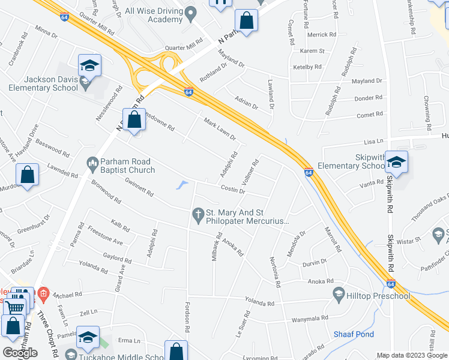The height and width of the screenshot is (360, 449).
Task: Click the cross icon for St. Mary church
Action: click(198, 213)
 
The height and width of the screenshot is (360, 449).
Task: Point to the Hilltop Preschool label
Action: click(380, 295)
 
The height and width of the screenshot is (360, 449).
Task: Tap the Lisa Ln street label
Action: click(373, 141)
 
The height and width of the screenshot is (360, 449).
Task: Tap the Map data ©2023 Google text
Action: click(412, 355)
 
